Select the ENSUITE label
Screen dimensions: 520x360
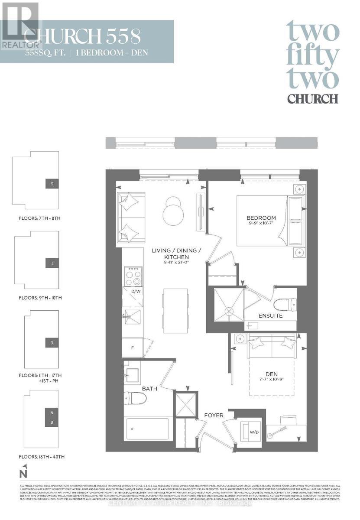(271, 316)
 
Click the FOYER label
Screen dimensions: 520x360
(214, 415)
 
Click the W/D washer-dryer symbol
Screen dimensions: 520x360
(251, 431)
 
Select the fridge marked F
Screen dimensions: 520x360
(133, 348)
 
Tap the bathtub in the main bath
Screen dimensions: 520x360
(147, 429)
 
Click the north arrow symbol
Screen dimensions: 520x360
(25, 471)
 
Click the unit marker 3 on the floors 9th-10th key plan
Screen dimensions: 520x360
(52, 263)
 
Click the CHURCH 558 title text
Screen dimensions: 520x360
(82, 37)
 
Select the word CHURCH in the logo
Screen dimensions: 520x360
(313, 98)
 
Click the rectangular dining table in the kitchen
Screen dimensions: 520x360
(175, 310)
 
